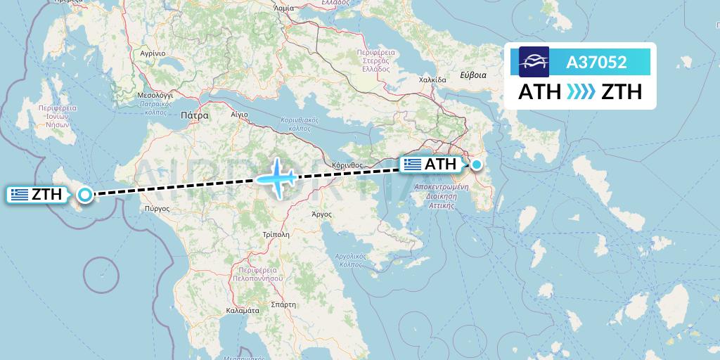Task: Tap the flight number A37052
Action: (596, 63)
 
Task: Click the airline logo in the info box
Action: (534, 62)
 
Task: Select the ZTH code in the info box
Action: (622, 92)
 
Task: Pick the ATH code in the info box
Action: (539, 92)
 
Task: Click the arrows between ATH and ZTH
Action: (581, 92)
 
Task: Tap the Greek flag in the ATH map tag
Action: (413, 165)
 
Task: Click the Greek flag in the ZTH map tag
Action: (20, 195)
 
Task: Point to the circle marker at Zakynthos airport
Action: (85, 195)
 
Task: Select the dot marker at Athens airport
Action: (477, 165)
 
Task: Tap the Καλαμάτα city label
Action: (244, 310)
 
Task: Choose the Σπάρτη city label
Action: (283, 304)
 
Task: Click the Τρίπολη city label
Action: (276, 234)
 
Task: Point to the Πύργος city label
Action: (157, 208)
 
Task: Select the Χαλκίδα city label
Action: (432, 79)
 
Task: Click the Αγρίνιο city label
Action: (152, 53)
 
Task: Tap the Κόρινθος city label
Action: (347, 165)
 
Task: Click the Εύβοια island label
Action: (472, 74)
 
